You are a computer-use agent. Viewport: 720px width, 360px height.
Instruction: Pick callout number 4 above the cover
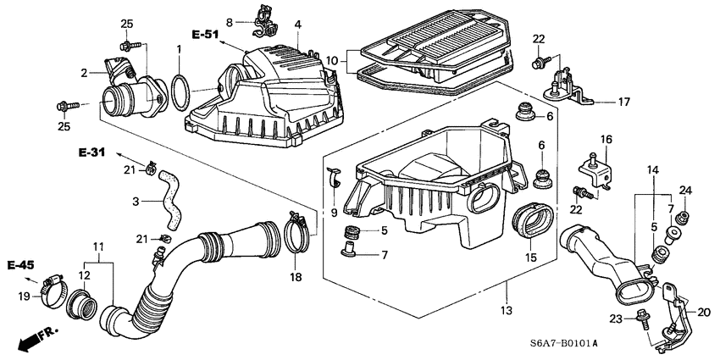point(297,25)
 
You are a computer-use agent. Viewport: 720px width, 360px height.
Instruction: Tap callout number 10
point(332,61)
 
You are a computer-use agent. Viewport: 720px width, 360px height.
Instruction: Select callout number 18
point(296,276)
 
